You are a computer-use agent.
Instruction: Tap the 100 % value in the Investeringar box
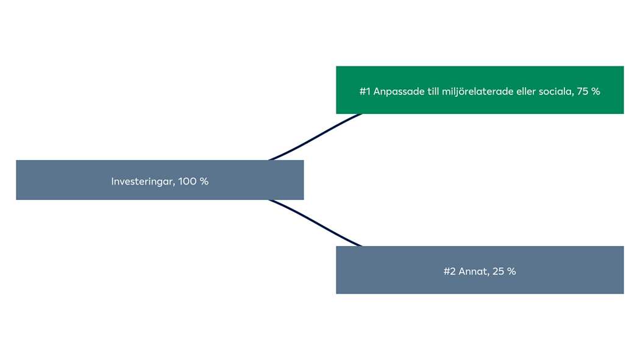[x=193, y=181]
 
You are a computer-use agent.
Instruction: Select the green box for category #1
[x=480, y=90]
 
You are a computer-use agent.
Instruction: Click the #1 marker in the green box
[x=365, y=91]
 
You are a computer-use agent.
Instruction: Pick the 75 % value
[x=588, y=91]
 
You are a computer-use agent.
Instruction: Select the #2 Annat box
[x=480, y=270]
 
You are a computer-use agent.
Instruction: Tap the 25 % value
[x=504, y=271]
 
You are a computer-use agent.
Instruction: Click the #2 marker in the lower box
[x=449, y=271]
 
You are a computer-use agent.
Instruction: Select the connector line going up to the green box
[x=315, y=136]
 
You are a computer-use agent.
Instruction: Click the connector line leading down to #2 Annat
[x=315, y=224]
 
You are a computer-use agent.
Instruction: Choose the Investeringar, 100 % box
[x=160, y=180]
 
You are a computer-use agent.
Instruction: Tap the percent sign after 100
[x=204, y=182]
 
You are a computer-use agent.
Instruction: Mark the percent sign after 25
[x=511, y=271]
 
